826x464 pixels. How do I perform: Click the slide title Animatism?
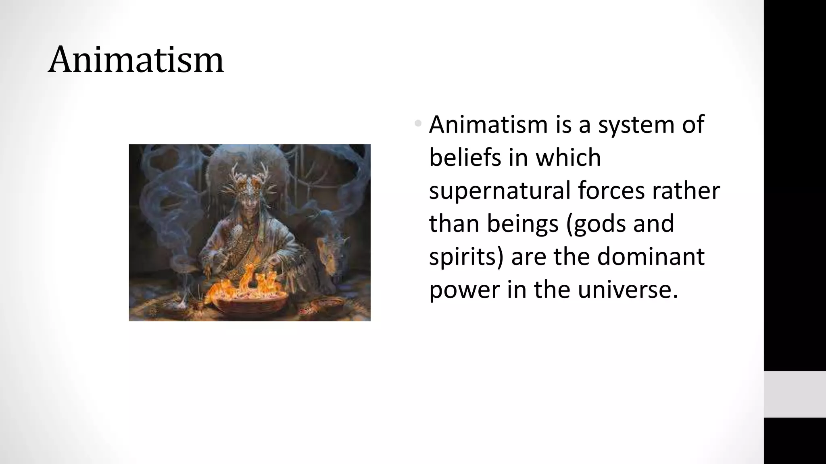136,60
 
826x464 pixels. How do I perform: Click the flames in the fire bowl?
246,282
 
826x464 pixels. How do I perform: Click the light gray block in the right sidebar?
795,394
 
